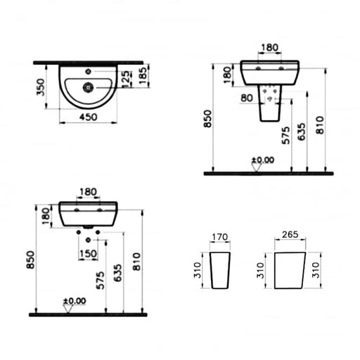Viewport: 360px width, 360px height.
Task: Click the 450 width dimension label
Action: coord(88,117)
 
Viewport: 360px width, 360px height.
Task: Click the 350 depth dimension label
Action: coord(41,87)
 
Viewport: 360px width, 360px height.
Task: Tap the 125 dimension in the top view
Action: coord(126,79)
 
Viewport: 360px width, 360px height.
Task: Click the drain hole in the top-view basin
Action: coord(88,87)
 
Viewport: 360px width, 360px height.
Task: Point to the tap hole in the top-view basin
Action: coord(88,72)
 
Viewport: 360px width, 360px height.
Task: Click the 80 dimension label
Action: coord(247,98)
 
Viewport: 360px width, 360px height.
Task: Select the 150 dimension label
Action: coord(88,254)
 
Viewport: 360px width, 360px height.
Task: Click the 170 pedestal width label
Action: coord(219,237)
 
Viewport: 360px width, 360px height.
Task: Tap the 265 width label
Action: coord(290,234)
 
